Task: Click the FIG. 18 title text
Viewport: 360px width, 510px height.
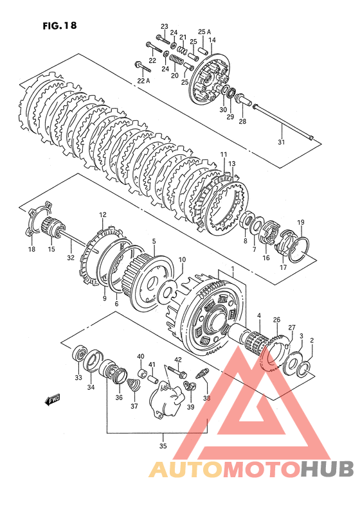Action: point(60,26)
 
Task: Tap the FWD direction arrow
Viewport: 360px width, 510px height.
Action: point(53,400)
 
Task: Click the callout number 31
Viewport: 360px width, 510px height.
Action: point(281,142)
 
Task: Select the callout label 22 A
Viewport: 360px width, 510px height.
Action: point(143,81)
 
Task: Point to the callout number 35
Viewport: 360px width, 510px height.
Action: point(163,446)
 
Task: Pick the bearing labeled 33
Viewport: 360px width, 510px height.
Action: point(79,355)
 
